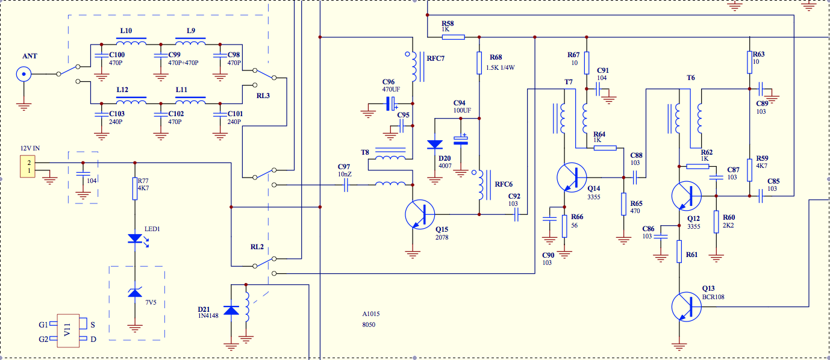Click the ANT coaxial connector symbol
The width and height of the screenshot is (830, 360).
click(x=23, y=74)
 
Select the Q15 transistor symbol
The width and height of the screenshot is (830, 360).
click(x=420, y=214)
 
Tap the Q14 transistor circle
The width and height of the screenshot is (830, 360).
click(x=572, y=178)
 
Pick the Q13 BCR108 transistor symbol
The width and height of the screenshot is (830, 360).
click(x=686, y=306)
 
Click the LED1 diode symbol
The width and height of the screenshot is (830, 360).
click(x=136, y=239)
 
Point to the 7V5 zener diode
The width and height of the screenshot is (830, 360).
click(x=135, y=293)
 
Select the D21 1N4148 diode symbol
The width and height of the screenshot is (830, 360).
click(x=231, y=311)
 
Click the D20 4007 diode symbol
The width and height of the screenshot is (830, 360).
click(x=435, y=144)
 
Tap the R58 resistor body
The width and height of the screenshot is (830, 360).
click(x=453, y=37)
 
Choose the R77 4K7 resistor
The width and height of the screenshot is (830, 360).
click(x=135, y=188)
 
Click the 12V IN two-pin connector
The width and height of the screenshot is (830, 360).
click(x=28, y=167)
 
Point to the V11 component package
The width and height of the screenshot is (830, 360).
click(x=68, y=331)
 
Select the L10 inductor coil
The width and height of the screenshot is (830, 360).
click(x=131, y=42)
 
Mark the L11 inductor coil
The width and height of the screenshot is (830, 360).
click(x=190, y=101)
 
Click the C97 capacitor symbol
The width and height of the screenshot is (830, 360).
click(x=346, y=185)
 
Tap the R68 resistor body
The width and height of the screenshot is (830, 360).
click(x=479, y=63)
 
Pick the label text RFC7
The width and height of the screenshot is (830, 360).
click(x=435, y=58)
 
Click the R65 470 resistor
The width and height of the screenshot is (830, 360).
click(x=623, y=203)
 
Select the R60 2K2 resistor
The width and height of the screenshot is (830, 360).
click(x=716, y=222)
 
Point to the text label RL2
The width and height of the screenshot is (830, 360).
click(x=257, y=247)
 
